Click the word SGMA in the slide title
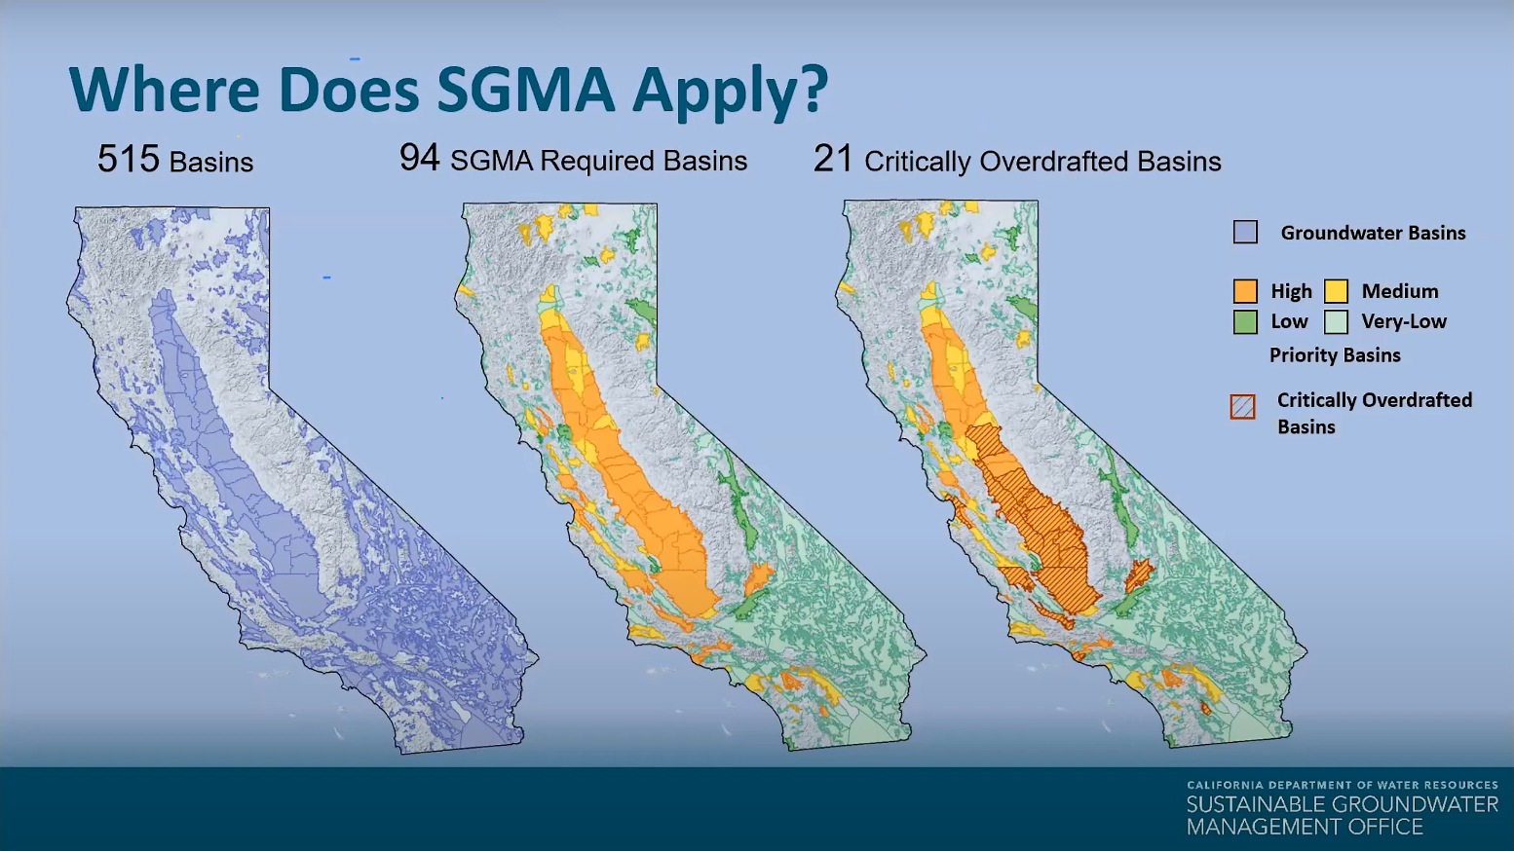pyautogui.click(x=525, y=91)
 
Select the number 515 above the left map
pyautogui.click(x=129, y=160)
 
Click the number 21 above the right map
pyautogui.click(x=833, y=160)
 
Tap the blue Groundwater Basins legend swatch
pyautogui.click(x=1245, y=233)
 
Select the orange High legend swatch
pyautogui.click(x=1245, y=291)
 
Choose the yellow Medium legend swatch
pyautogui.click(x=1336, y=291)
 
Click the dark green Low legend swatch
pyautogui.click(x=1245, y=321)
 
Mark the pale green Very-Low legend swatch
pyautogui.click(x=1336, y=321)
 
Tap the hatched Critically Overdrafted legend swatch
pyautogui.click(x=1243, y=407)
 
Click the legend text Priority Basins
pyautogui.click(x=1335, y=355)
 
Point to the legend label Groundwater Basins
pyautogui.click(x=1374, y=233)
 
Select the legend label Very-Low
pyautogui.click(x=1404, y=321)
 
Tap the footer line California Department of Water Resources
pyautogui.click(x=1343, y=786)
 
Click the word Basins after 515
pyautogui.click(x=211, y=162)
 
